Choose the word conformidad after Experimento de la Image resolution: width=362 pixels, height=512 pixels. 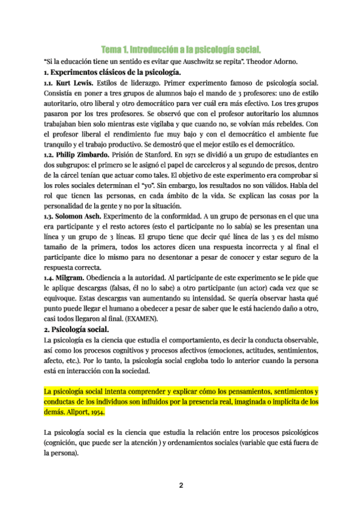(192, 217)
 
